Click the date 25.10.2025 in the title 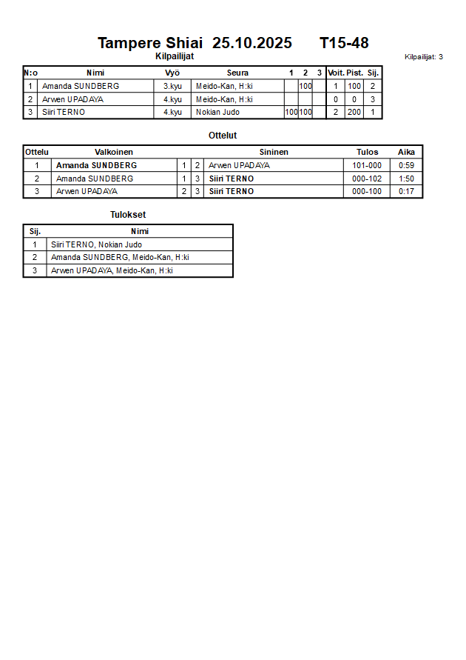coord(251,43)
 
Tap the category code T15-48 coord(344,43)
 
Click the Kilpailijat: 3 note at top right coord(424,56)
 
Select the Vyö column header coord(172,73)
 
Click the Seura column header coord(237,73)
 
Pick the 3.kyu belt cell coord(172,86)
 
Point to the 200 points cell coord(354,112)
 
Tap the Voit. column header coord(336,73)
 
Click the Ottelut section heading coord(223,136)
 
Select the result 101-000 coord(367,165)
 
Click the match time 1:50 coord(406,179)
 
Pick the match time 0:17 coord(406,191)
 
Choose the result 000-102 coord(367,179)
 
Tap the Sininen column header coord(274,152)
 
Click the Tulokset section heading coord(128,215)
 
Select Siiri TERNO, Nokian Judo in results coord(96,244)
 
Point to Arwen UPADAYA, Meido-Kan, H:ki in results coord(112,270)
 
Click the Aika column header coord(406,152)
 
